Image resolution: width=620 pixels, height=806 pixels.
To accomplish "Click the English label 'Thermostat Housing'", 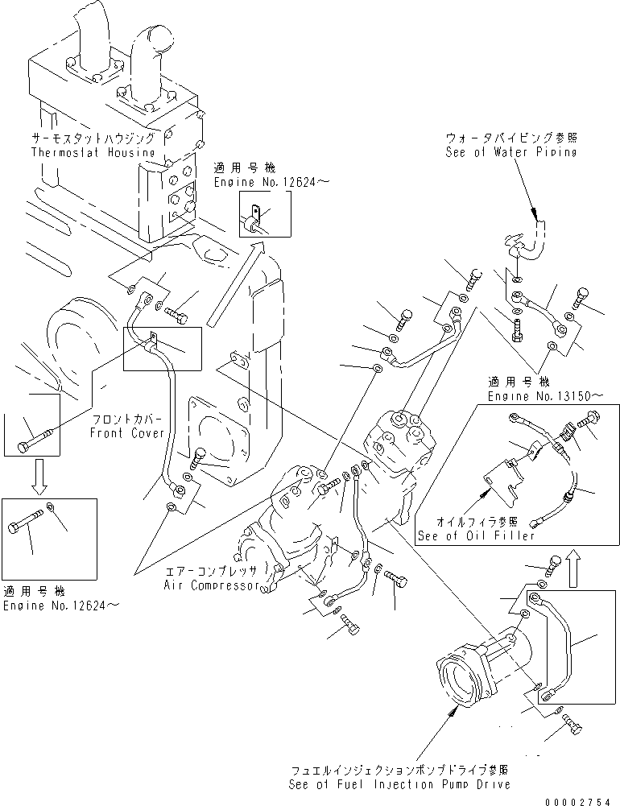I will tap(93, 152).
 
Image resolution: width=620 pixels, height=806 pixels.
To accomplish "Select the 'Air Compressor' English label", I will tap(211, 585).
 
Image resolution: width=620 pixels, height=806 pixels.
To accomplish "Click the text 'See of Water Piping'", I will tap(510, 152).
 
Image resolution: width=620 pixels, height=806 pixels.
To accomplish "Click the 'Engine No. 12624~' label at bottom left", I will tap(60, 604).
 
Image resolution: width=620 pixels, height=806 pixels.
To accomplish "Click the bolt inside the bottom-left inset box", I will tap(30, 528).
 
